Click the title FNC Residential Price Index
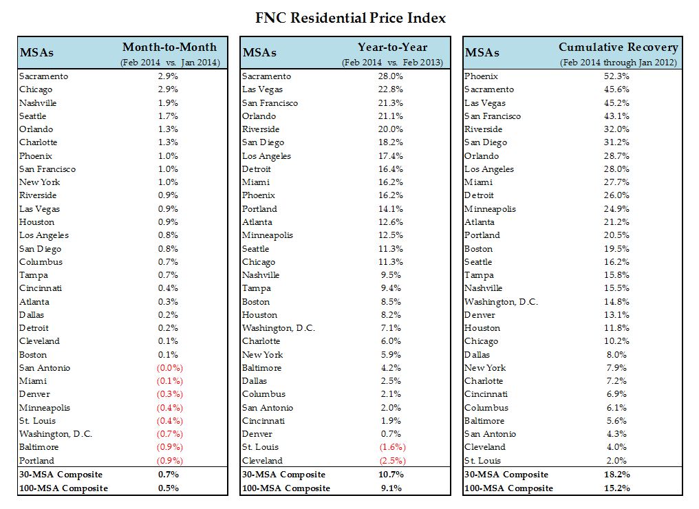point(349,17)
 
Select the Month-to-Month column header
point(169,47)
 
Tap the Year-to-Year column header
point(392,47)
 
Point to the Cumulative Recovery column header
point(618,47)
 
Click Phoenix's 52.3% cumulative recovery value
point(615,76)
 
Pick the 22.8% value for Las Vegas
point(390,89)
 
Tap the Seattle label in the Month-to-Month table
point(33,116)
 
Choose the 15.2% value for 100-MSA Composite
point(615,488)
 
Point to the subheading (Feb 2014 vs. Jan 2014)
point(169,63)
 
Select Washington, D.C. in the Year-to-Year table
point(278,328)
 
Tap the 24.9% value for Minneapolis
point(615,208)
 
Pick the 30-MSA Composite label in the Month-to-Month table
point(61,475)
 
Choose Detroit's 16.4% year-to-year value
point(390,169)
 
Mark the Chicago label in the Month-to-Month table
point(36,89)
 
